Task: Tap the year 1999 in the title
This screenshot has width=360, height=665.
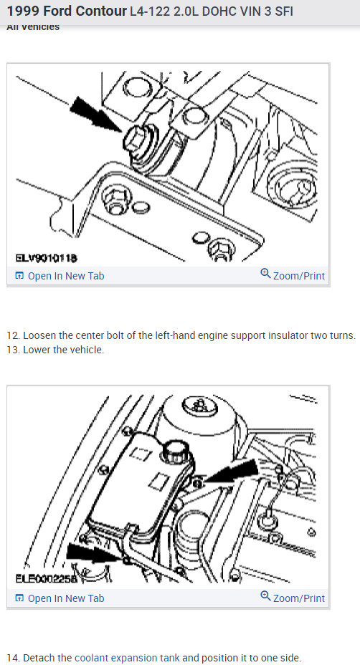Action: pyautogui.click(x=23, y=12)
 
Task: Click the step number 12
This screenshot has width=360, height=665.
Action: pyautogui.click(x=13, y=336)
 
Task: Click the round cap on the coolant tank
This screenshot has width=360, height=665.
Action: pyautogui.click(x=175, y=451)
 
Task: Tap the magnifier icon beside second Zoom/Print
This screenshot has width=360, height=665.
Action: pyautogui.click(x=265, y=597)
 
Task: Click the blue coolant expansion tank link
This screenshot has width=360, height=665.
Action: pyautogui.click(x=127, y=658)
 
